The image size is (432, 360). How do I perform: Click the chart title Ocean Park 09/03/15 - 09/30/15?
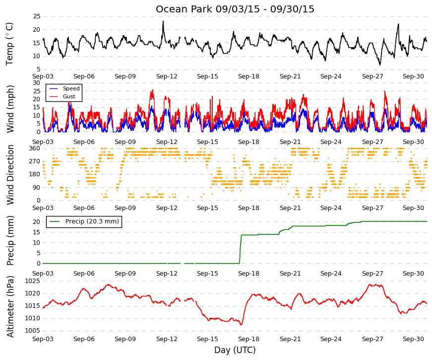(235, 9)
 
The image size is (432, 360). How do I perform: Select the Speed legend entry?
(64, 88)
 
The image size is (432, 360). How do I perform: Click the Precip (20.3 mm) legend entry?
(84, 221)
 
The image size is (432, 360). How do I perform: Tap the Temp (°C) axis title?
(9, 44)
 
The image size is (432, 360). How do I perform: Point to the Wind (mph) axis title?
(10, 109)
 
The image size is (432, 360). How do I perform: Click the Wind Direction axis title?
(10, 175)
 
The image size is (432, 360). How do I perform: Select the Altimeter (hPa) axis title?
(10, 306)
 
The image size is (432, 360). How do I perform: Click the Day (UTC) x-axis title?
(235, 350)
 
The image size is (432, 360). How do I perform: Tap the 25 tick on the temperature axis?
(37, 16)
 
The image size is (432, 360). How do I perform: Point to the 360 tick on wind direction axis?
(35, 148)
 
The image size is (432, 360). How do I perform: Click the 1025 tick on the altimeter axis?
(33, 281)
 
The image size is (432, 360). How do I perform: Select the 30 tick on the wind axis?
(37, 83)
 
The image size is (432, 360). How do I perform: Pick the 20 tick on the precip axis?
(37, 222)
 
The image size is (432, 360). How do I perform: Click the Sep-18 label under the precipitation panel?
(248, 274)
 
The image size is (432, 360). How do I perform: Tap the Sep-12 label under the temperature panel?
(167, 76)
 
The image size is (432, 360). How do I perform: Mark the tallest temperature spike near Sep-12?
(163, 21)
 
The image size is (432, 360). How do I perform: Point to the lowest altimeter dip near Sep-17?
(242, 324)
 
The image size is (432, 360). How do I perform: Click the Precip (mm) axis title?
(10, 240)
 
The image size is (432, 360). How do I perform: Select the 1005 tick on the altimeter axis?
(33, 331)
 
